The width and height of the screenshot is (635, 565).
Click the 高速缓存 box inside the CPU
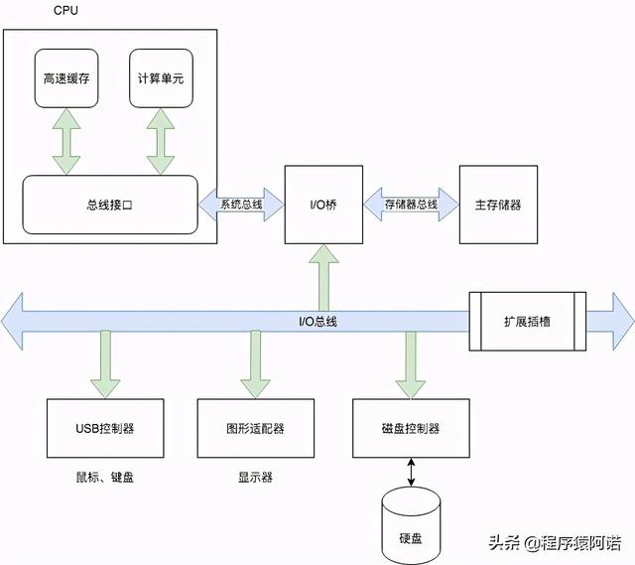(x=66, y=77)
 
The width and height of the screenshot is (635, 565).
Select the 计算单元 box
(x=160, y=77)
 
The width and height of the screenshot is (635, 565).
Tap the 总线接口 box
(x=109, y=206)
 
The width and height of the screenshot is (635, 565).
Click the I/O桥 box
(x=322, y=205)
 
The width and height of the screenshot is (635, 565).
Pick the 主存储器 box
(x=497, y=205)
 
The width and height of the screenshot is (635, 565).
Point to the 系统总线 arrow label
(x=241, y=205)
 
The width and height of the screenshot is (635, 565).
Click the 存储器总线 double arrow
(x=411, y=205)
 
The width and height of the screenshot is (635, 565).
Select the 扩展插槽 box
(x=527, y=322)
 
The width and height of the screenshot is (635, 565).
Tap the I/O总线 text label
(x=317, y=322)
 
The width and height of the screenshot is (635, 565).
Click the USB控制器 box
(x=105, y=429)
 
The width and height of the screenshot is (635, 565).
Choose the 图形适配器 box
(x=255, y=429)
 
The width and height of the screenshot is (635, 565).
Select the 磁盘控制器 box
(x=410, y=429)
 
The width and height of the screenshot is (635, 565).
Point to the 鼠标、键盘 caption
(x=105, y=477)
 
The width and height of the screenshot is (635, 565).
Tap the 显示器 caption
(x=255, y=477)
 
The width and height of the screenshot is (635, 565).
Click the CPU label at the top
(x=66, y=10)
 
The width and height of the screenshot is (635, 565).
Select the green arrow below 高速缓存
(x=66, y=142)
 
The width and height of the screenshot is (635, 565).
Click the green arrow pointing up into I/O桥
(x=323, y=278)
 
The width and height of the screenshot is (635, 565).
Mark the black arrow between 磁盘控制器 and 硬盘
(x=411, y=471)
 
